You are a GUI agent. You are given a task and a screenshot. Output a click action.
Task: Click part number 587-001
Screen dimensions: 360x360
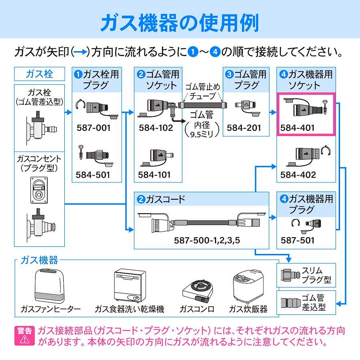tap(94, 128)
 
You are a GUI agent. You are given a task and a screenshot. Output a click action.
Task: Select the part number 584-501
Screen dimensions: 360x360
tap(93, 175)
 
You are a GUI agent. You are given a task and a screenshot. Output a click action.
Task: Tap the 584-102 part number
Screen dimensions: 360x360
tap(156, 128)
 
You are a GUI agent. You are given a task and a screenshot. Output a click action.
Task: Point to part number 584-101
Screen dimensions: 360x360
tap(154, 175)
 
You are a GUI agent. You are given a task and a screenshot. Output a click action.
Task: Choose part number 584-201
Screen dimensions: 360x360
tap(244, 128)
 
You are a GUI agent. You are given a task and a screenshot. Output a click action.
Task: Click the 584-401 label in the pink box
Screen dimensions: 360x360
tap(297, 128)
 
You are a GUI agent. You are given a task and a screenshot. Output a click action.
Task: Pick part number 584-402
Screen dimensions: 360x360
tap(298, 175)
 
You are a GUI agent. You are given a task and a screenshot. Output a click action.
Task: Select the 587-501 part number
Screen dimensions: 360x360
tap(297, 240)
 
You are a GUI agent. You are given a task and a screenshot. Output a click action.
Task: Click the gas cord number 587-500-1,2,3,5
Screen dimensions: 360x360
tap(207, 240)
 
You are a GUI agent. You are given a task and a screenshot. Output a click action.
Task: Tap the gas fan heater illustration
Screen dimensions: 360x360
tap(49, 286)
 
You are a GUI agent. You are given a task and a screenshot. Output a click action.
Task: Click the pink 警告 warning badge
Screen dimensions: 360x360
tap(24, 336)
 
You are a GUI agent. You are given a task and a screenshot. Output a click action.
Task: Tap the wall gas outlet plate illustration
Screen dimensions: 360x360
tap(39, 190)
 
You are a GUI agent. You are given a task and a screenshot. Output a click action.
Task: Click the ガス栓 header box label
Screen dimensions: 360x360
tap(39, 74)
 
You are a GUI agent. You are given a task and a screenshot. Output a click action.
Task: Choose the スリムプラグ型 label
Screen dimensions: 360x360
tap(316, 275)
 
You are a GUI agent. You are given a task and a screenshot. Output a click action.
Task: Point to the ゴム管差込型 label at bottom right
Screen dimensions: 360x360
tap(313, 302)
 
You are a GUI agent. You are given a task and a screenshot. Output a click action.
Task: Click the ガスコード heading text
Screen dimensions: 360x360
tap(165, 199)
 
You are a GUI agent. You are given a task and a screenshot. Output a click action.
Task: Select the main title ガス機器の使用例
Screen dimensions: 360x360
tap(180, 22)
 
